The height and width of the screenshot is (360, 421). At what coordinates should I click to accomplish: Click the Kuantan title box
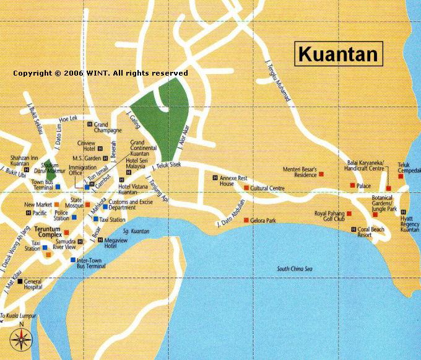point(337,54)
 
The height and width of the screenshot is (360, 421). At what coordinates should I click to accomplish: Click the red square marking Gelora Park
point(246,221)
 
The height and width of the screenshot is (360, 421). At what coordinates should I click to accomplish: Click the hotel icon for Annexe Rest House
point(215,179)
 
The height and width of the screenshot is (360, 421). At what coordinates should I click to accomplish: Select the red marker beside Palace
point(352,186)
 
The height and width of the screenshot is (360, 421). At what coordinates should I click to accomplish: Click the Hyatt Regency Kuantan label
point(409,223)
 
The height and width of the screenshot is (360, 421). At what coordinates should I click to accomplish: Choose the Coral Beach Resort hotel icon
point(352,229)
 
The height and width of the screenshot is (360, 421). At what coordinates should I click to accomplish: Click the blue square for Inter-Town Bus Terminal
point(72,260)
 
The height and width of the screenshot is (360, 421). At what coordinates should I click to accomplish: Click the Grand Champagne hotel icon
point(90,125)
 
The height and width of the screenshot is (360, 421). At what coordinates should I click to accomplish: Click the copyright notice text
point(100,73)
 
